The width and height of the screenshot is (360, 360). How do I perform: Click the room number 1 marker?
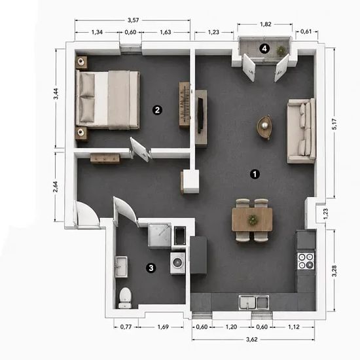tap(255, 174)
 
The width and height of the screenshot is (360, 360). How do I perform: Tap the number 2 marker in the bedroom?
tap(157, 110)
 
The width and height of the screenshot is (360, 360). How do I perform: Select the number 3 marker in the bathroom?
tap(151, 268)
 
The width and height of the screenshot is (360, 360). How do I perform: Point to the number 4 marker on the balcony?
tap(264, 48)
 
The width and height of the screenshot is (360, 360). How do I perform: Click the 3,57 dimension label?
tap(134, 20)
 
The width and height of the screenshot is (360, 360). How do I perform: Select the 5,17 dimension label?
tap(334, 124)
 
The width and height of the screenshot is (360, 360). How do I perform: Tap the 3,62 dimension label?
tap(252, 339)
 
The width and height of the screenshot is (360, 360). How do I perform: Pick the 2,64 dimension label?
tap(56, 187)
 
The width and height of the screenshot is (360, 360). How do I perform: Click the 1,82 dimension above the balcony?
tap(266, 24)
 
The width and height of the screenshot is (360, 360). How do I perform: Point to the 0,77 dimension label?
tap(126, 327)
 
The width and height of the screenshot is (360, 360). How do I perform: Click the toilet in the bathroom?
tap(125, 297)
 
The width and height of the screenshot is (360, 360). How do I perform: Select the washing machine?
tap(177, 263)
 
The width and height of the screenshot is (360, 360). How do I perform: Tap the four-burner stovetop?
tap(306, 261)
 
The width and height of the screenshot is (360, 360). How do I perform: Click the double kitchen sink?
tap(254, 302)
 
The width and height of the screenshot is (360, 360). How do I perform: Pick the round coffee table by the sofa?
tap(265, 126)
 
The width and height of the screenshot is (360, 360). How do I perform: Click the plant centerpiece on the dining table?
tap(253, 220)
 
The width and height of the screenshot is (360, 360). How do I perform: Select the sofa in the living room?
tap(301, 131)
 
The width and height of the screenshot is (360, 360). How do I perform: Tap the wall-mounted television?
tap(200, 115)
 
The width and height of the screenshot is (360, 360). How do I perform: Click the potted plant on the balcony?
tap(281, 50)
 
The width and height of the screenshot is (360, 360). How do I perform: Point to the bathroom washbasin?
tap(121, 267)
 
